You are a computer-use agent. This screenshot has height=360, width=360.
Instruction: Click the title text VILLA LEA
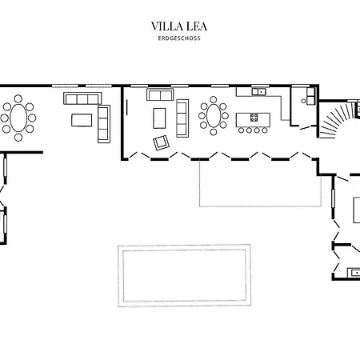click(x=179, y=26)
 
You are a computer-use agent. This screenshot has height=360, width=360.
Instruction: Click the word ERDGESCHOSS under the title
click(x=179, y=38)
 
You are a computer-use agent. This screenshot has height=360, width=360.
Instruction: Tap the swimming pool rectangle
click(x=184, y=275)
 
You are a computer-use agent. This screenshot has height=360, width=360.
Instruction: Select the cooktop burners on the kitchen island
click(x=254, y=118)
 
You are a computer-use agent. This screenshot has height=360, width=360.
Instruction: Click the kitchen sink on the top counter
click(x=259, y=92)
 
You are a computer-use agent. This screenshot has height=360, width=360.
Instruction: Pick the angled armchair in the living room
click(x=161, y=142)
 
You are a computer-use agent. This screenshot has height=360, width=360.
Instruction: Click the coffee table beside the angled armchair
click(x=159, y=118)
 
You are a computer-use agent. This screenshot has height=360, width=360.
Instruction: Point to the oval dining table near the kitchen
click(x=214, y=115)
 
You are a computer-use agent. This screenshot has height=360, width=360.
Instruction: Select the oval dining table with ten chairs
click(x=18, y=118)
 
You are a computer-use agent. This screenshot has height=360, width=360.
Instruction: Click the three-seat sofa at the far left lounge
click(x=82, y=98)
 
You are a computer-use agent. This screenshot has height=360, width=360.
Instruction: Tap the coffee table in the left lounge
click(x=82, y=120)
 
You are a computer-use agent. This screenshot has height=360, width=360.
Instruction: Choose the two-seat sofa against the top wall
click(x=160, y=94)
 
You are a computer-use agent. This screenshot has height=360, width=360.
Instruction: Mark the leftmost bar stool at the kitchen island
click(x=242, y=130)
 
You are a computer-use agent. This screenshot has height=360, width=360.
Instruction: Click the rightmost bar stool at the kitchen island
click(x=265, y=130)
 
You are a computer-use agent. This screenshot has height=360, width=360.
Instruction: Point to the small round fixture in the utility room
click(x=303, y=101)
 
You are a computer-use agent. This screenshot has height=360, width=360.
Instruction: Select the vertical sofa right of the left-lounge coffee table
click(x=104, y=124)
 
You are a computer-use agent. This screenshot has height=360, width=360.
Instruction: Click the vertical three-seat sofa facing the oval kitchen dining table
click(x=182, y=118)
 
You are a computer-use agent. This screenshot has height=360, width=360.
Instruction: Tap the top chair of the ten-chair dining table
click(x=18, y=98)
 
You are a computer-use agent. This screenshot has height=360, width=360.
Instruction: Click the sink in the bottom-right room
click(x=354, y=273)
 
